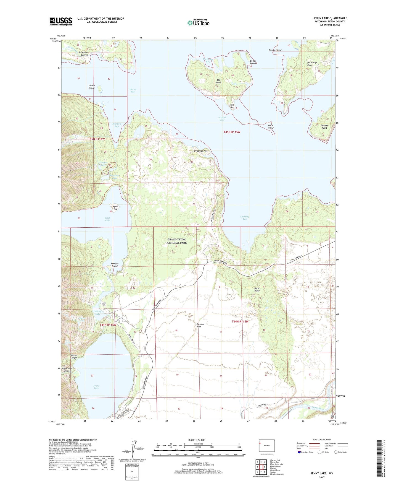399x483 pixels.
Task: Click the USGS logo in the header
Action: [60, 21]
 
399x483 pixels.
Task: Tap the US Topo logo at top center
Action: [198, 22]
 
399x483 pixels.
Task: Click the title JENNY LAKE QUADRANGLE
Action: [330, 18]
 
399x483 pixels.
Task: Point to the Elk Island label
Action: [218, 81]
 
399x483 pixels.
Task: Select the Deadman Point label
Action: [201, 151]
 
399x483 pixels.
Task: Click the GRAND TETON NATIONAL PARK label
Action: [176, 241]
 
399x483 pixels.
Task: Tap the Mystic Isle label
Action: [115, 207]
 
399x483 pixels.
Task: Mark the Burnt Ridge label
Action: [257, 289]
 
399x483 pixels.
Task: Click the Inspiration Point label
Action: [67, 370]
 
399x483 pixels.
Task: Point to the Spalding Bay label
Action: [244, 218]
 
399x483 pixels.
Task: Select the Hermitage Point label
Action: [312, 64]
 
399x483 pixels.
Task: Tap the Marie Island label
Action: [271, 127]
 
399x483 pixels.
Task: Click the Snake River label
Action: [318, 408]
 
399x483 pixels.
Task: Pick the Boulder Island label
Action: [115, 265]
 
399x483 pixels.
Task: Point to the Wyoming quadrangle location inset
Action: [266, 446]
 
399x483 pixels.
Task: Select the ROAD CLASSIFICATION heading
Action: [322, 440]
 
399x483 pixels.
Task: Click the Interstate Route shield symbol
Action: [299, 452]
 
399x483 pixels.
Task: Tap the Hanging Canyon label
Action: [73, 356]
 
